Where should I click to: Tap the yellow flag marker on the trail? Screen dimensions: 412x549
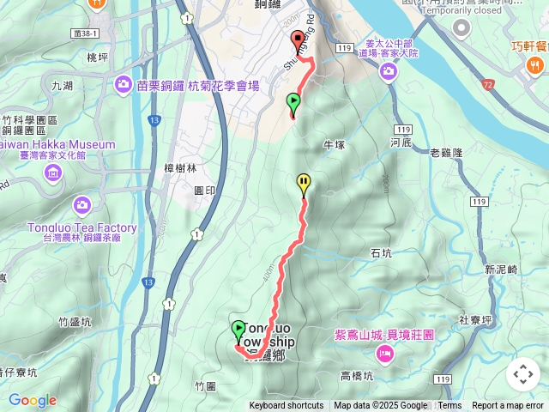pyautogui.click(x=304, y=183)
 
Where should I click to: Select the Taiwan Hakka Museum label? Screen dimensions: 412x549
pyautogui.click(x=57, y=145)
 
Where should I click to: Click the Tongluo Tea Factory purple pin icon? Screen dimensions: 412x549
pyautogui.click(x=81, y=205)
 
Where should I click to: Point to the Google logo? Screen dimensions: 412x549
pyautogui.click(x=32, y=400)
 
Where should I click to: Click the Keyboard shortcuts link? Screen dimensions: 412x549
pyautogui.click(x=287, y=406)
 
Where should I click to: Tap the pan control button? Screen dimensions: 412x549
pyautogui.click(x=522, y=374)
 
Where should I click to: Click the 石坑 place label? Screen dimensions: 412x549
pyautogui.click(x=381, y=253)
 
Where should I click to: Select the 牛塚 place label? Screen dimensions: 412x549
pyautogui.click(x=335, y=144)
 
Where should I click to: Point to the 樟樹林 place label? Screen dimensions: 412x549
pyautogui.click(x=180, y=169)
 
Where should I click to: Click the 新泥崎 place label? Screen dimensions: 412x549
pyautogui.click(x=501, y=270)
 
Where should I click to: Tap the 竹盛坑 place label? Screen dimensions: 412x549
pyautogui.click(x=75, y=322)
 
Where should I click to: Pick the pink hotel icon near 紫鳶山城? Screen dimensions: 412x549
pyautogui.click(x=385, y=353)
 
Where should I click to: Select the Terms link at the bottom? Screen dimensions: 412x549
pyautogui.click(x=449, y=406)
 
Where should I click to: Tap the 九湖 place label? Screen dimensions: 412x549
pyautogui.click(x=62, y=86)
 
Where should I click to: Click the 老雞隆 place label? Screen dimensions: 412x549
pyautogui.click(x=446, y=153)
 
